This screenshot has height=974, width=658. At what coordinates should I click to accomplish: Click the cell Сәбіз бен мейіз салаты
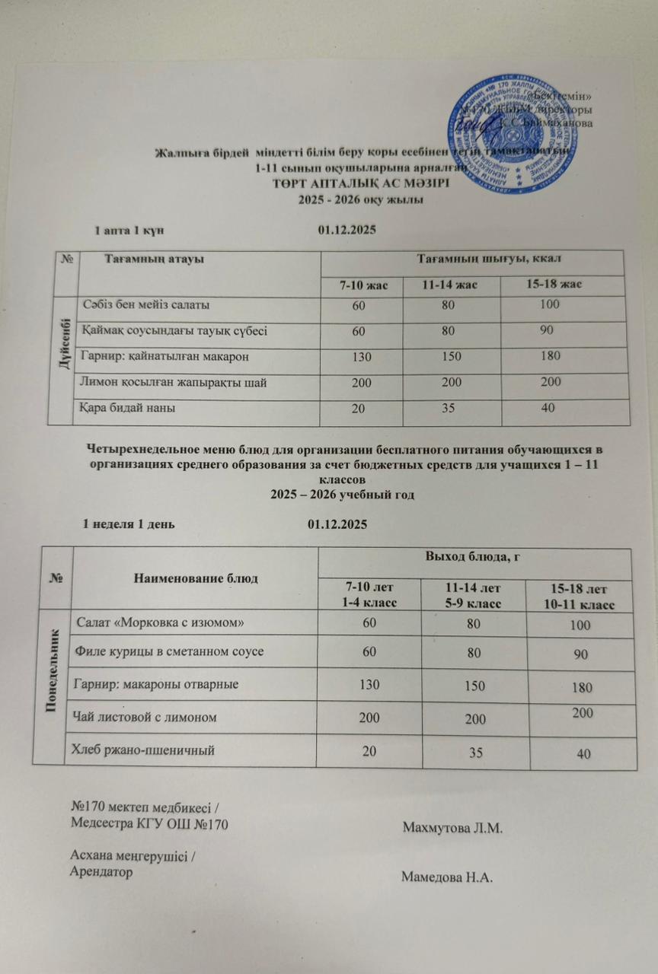click(147, 306)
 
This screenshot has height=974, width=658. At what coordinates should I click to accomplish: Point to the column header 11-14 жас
click(449, 285)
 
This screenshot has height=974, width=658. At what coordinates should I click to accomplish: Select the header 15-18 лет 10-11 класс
click(581, 597)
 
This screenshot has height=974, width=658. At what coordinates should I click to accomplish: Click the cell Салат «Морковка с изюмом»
click(157, 623)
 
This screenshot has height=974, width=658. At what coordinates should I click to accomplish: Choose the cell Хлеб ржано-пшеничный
click(142, 750)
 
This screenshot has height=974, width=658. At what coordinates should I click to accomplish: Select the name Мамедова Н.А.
click(448, 877)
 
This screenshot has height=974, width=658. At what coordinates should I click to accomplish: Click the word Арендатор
click(101, 872)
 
